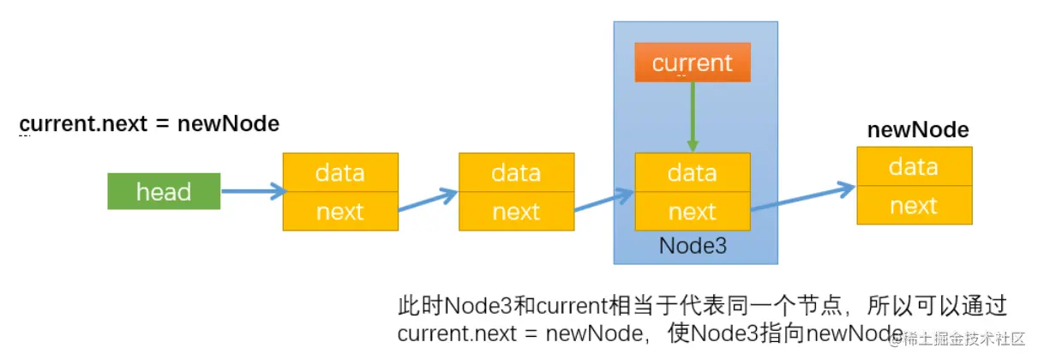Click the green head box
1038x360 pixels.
164,191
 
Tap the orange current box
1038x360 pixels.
692,63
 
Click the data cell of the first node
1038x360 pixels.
340,172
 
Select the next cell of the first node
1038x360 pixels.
340,211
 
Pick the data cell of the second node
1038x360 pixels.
516,172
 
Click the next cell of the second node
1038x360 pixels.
516,211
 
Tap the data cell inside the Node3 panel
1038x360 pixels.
692,172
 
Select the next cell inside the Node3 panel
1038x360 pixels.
692,211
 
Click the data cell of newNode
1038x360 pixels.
914,166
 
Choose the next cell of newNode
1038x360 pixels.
914,205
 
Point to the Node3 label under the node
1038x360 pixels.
693,246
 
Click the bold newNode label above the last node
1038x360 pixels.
918,130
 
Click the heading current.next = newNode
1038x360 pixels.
149,123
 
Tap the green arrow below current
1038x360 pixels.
693,117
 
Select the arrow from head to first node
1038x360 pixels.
252,191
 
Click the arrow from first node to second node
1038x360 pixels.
428,203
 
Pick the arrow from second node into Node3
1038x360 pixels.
603,203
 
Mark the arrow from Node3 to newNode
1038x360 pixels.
803,195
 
